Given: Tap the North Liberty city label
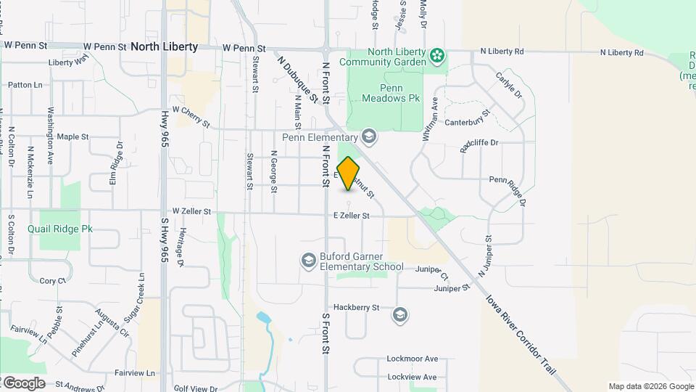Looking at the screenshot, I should coord(164,46).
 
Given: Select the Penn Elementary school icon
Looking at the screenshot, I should coord(369,136).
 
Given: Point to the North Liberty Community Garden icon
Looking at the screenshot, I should coord(436,56).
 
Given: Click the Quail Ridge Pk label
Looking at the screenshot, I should coord(60,229).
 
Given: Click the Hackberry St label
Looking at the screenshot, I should coord(356,308).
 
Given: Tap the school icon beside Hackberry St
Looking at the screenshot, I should coord(399,315).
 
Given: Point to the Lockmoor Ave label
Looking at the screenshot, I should coord(413,359).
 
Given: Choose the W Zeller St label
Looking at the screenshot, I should coord(186,212).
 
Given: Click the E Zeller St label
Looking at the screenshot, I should coord(352,216).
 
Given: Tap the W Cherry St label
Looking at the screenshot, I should coord(191,115).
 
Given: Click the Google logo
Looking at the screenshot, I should coord(23,383).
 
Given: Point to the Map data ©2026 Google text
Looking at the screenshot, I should coord(650,386).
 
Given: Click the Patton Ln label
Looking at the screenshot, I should coord(25,85).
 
